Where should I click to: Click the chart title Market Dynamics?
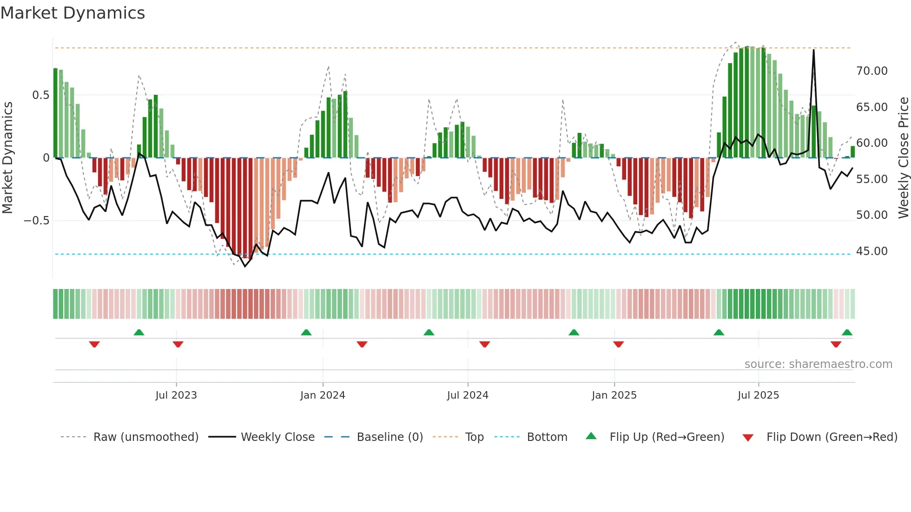(73, 13)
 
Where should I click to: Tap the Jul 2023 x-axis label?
(176, 395)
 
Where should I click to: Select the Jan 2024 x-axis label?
(323, 395)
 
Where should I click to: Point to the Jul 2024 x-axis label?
(468, 395)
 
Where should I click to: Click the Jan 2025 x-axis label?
(614, 395)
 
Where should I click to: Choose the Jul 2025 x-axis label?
(758, 395)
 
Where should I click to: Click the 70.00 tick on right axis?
(871, 71)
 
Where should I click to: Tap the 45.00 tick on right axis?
(871, 251)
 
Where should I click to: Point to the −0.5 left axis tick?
(37, 221)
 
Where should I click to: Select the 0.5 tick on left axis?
(40, 95)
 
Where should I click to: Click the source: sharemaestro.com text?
(818, 364)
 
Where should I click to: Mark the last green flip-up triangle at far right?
(847, 332)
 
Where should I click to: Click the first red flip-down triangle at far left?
(94, 344)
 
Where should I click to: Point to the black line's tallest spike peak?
(813, 50)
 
